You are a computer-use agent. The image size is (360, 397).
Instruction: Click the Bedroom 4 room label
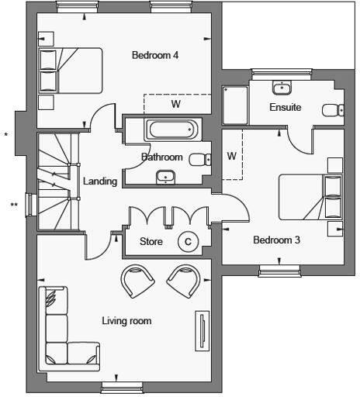(x=155, y=55)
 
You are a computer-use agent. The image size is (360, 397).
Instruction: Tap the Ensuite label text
(x=285, y=107)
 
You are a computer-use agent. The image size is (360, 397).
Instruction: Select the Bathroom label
(x=161, y=157)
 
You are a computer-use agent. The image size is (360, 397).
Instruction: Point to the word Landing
(x=100, y=182)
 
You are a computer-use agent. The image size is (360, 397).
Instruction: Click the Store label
(x=151, y=242)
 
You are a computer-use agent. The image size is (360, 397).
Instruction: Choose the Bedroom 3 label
(x=277, y=240)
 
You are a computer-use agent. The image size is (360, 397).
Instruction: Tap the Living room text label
(x=126, y=320)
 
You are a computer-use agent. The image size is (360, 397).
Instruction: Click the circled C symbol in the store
(x=187, y=242)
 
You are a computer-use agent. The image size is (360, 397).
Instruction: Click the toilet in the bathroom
(x=199, y=161)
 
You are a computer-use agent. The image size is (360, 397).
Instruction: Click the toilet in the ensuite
(x=331, y=109)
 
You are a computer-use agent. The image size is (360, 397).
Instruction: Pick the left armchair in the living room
(x=138, y=280)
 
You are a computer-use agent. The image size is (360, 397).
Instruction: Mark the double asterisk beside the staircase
(x=14, y=205)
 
